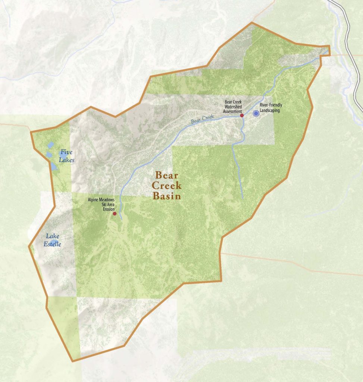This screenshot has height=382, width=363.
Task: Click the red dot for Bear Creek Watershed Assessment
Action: click(242, 116)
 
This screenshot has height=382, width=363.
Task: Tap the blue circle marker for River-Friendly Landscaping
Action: click(256, 113)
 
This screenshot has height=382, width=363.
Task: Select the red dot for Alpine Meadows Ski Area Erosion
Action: click(115, 214)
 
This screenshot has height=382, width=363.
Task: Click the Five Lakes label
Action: click(67, 156)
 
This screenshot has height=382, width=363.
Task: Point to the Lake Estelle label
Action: click(53, 240)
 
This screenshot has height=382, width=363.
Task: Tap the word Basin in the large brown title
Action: click(167, 196)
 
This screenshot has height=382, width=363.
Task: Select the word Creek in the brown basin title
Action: click(167, 185)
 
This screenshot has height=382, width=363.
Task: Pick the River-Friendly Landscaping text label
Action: click(271, 108)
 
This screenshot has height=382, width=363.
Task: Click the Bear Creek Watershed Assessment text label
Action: click(234, 106)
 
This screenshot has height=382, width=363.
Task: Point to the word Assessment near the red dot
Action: click(233, 111)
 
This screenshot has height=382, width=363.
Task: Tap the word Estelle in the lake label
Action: click(53, 244)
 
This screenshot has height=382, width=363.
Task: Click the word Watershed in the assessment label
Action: click(234, 106)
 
